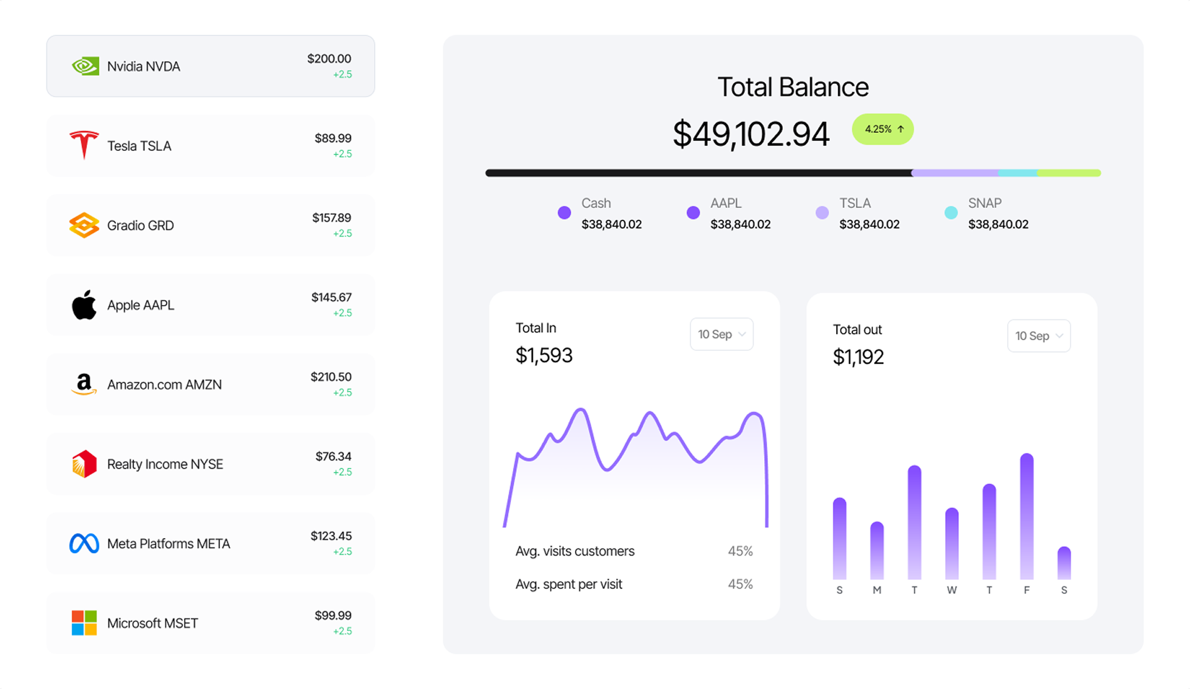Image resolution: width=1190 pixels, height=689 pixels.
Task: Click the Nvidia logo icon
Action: [85, 66]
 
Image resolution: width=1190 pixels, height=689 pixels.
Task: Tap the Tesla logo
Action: [84, 145]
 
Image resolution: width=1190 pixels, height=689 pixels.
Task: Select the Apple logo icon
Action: [84, 305]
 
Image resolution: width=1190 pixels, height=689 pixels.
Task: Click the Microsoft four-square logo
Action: [84, 623]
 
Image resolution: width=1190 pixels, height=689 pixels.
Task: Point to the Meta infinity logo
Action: [84, 543]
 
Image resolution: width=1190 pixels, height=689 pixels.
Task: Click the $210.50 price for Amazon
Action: [331, 377]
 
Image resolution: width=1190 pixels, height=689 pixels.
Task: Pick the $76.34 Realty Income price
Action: [333, 457]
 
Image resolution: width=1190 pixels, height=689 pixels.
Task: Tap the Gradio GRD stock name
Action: [140, 225]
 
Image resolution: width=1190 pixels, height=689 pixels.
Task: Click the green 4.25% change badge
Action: [882, 129]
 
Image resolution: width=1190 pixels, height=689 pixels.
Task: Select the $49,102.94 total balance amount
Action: [751, 134]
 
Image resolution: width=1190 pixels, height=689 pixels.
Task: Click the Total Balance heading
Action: [793, 87]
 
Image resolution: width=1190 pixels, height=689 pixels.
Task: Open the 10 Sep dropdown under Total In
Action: [722, 334]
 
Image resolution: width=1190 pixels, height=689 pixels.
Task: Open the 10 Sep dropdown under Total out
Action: [1038, 336]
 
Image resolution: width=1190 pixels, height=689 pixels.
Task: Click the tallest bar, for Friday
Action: [1027, 516]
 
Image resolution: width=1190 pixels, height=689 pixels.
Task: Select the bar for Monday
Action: [877, 551]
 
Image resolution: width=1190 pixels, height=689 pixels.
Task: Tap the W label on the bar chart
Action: [951, 590]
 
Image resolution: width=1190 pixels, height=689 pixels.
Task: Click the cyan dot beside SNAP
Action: [951, 213]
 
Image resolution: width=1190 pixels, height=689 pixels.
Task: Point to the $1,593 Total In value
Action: [544, 356]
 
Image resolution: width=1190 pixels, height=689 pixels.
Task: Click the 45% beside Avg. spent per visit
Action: [740, 584]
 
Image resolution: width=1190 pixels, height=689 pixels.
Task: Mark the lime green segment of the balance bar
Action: [1068, 173]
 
